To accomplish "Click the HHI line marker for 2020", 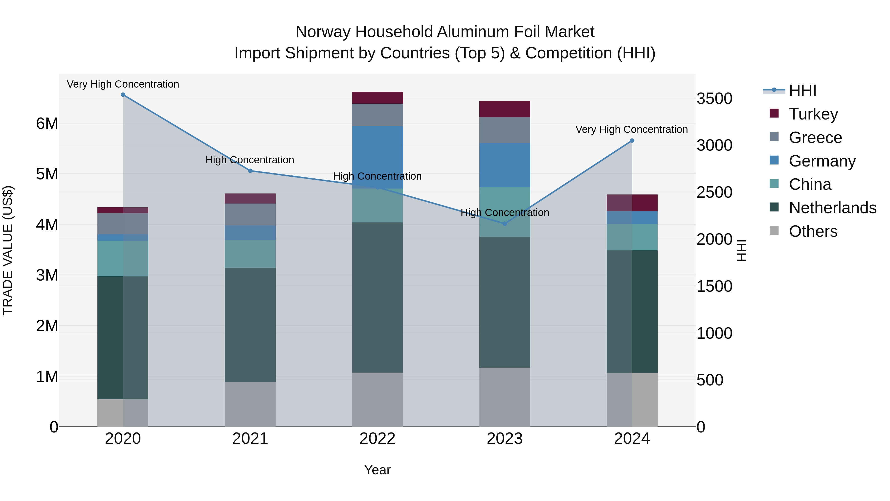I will (123, 95).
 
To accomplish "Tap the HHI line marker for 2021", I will (250, 171).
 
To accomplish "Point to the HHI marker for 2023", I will (505, 224).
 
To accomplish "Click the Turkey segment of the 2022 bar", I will (377, 98).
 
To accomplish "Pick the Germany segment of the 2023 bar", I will (505, 165).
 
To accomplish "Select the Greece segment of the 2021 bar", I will (250, 214).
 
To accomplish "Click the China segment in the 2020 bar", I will (123, 258).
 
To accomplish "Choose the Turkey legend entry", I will (813, 114).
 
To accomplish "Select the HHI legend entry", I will (802, 91).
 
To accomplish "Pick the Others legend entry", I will (813, 231).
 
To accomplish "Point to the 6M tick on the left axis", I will (47, 123).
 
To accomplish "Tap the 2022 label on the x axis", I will (377, 439).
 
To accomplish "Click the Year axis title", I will (377, 470).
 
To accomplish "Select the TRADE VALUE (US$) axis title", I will (8, 250).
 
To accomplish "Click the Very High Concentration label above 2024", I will (632, 130).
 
